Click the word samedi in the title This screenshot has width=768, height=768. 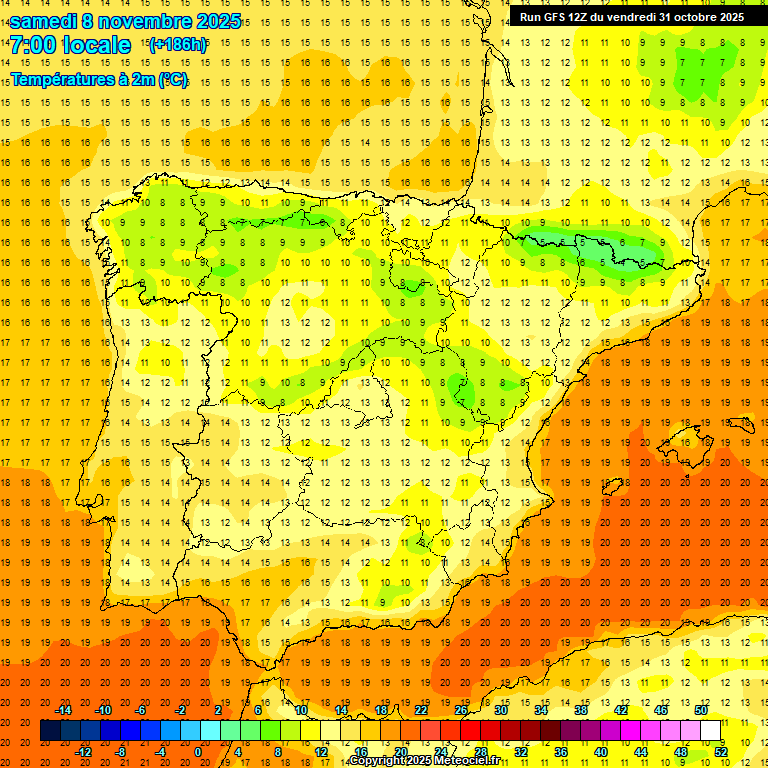click(x=46, y=21)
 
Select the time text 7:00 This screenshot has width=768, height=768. click(x=32, y=46)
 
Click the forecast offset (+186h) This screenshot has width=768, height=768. click(x=178, y=45)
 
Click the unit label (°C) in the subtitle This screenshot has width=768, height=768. click(x=173, y=79)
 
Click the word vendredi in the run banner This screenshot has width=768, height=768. click(x=628, y=17)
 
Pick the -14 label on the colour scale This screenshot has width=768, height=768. click(x=63, y=710)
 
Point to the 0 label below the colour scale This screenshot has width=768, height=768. click(x=197, y=752)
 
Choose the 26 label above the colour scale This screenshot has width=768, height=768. click(x=461, y=710)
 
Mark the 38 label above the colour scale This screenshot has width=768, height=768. click(x=581, y=710)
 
